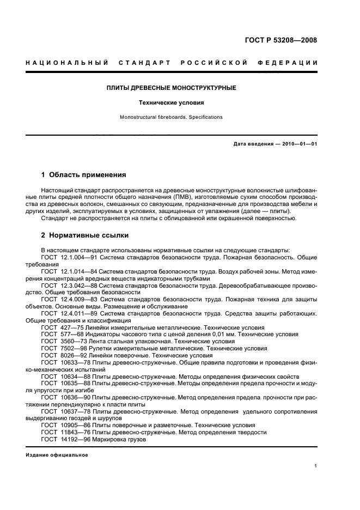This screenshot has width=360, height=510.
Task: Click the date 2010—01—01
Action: [298, 144]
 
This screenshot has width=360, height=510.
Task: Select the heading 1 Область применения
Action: [84, 175]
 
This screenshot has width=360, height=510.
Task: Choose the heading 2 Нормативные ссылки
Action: [85, 235]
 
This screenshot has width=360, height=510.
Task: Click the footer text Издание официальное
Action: [57, 455]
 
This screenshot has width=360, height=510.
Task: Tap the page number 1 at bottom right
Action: [316, 466]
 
